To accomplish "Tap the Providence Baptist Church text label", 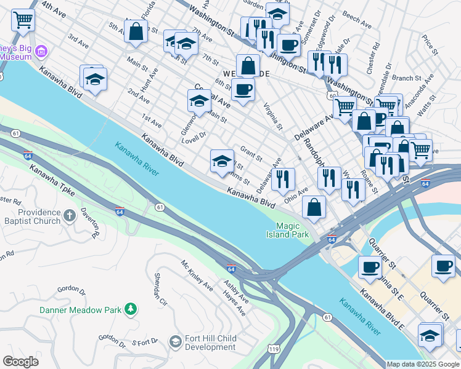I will click(30, 216).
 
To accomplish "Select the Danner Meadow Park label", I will click(81, 310).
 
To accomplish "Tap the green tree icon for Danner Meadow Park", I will click(130, 308).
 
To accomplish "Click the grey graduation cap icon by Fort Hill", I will click(175, 341).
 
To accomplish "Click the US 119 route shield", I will click(271, 349).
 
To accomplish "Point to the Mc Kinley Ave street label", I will click(197, 276).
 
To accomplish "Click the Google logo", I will click(20, 361).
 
